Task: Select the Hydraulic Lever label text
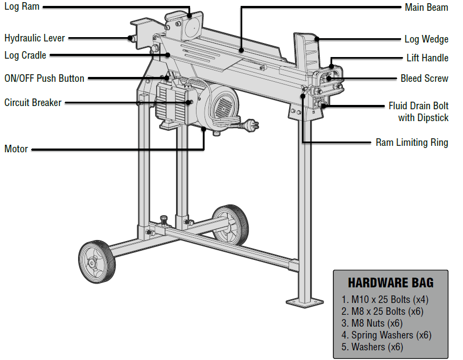point(34,38)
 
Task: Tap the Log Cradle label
point(25,55)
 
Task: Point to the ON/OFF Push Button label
point(44,78)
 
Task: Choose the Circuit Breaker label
point(33,102)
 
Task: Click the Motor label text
point(16,149)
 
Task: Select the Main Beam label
point(426,7)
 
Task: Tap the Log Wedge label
point(426,39)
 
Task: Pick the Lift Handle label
point(427,58)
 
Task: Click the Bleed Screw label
point(424,78)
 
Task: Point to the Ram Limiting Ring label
point(412,143)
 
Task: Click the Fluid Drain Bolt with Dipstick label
point(418,111)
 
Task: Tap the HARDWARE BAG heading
point(390,283)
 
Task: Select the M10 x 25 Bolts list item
point(384,299)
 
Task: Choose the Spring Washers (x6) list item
point(386,335)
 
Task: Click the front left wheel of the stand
point(97,262)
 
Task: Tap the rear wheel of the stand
point(230,225)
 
